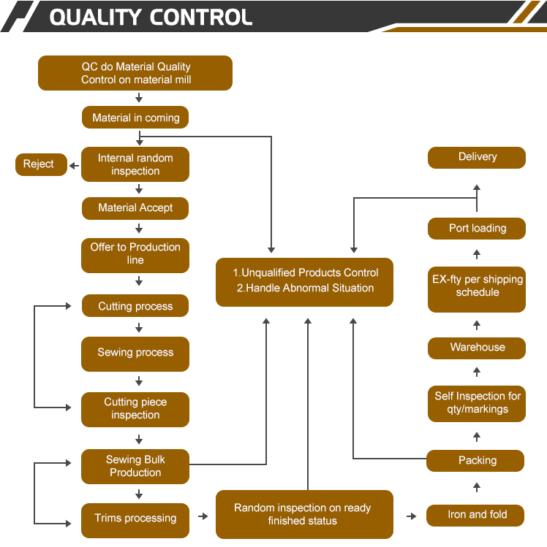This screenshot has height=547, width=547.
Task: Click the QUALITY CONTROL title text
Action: coord(151,17)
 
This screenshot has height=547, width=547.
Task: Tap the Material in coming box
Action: coord(135,118)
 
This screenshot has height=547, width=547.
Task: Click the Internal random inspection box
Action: coord(135,164)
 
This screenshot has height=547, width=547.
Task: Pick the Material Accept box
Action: coord(135,208)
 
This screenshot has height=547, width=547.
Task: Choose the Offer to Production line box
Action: coord(135,254)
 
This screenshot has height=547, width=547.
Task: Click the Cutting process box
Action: coord(135,306)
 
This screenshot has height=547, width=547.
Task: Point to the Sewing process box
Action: coord(135,353)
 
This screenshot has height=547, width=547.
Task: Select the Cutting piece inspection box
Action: coord(135,409)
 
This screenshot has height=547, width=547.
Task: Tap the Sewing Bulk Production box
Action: coord(135,466)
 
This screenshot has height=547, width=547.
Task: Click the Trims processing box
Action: coord(135,519)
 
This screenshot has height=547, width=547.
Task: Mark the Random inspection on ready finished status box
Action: coord(304,514)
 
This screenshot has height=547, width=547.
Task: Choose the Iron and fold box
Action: coord(477,515)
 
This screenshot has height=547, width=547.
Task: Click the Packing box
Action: coord(477,461)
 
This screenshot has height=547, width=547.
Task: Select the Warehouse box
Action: coord(477,348)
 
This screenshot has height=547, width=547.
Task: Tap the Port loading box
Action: coord(477,229)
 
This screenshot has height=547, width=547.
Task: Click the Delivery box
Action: coord(477,157)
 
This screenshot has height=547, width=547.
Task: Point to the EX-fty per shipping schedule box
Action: coord(477,286)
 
